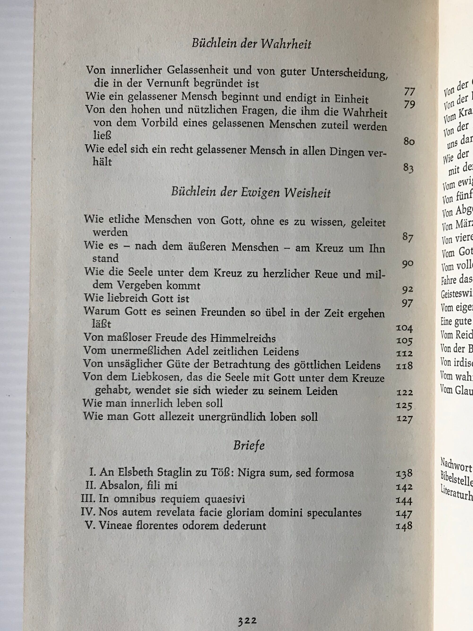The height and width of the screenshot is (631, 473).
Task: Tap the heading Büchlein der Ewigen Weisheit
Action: pos(251,193)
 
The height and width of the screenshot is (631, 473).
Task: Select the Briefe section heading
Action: pos(249,445)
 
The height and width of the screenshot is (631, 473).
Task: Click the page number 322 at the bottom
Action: pos(248,620)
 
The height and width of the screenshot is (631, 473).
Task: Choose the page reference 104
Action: pos(404,328)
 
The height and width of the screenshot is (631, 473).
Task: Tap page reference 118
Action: pos(404,366)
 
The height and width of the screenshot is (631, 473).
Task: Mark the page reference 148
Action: pos(404,526)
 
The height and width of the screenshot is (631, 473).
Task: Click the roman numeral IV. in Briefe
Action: pos(88,512)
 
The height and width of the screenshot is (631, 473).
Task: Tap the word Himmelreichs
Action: pos(243,339)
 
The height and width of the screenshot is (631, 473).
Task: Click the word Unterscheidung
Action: pos(349,73)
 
